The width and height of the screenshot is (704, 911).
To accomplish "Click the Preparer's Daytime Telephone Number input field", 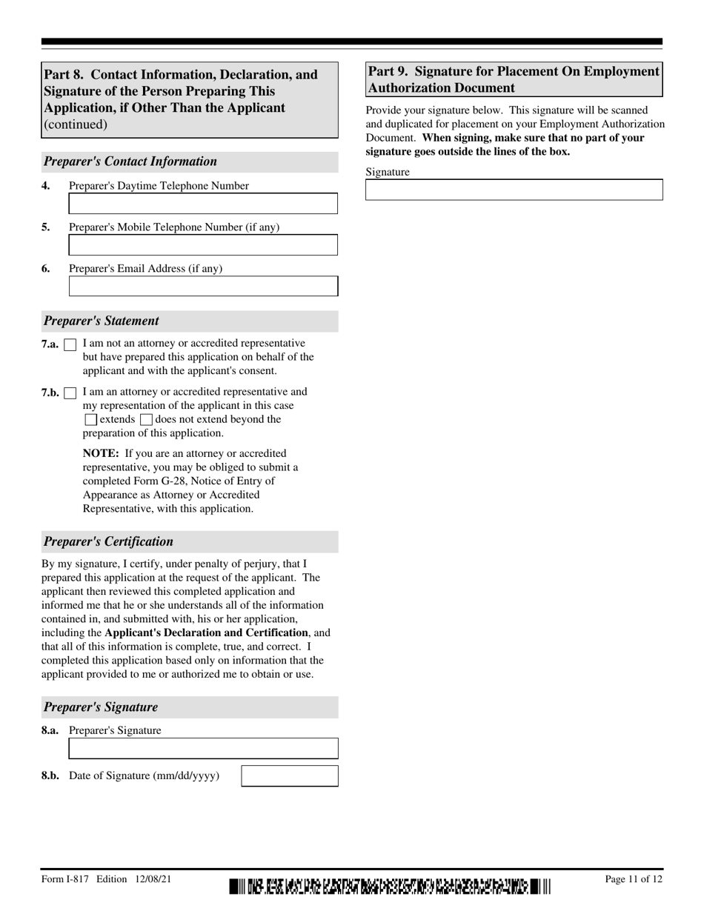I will coord(203,204).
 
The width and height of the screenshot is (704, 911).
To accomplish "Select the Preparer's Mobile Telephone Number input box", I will coord(203,245).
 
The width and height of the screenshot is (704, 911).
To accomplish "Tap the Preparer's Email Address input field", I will coord(203,287).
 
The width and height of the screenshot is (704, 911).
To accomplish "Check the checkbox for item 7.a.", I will coord(70,344).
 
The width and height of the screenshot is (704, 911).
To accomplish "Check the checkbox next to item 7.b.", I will coord(70,393).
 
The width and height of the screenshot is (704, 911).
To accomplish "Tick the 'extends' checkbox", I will coord(90,420).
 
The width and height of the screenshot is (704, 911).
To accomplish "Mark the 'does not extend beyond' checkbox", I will coord(146,420).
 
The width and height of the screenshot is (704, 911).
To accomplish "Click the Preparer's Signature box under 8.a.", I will coord(203,749).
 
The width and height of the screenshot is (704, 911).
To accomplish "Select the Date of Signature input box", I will coord(290,776).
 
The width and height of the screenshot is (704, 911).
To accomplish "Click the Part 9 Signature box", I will coord(514,190).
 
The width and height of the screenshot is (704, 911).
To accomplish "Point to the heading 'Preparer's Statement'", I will coord(102,321).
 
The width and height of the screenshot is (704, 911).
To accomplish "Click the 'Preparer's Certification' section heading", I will coord(108,541).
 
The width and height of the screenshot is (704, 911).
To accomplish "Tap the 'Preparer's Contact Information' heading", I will coord(130,161).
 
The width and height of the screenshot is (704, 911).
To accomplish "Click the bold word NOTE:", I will coord(101,453).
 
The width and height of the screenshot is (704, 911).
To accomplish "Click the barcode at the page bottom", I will coord(390,885).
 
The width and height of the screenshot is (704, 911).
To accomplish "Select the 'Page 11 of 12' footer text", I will coord(634,879).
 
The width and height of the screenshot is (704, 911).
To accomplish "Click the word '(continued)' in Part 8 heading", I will coord(76,124).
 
